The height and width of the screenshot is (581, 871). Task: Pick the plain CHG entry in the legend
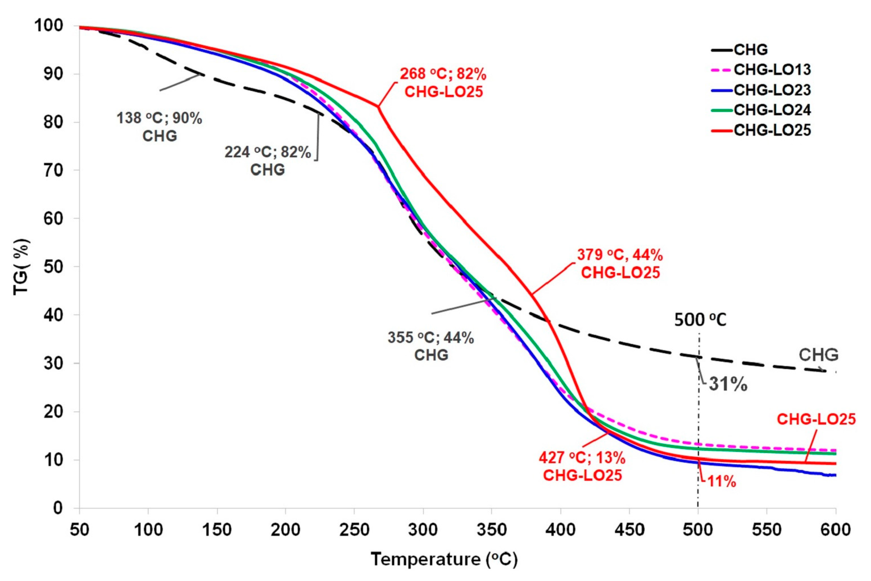click(x=751, y=50)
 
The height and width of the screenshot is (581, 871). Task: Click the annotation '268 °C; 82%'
click(x=443, y=74)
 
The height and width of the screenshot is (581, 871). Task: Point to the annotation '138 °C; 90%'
click(x=159, y=118)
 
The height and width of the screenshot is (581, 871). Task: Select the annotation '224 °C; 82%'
click(x=267, y=152)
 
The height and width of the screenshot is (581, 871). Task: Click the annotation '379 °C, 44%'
click(x=620, y=255)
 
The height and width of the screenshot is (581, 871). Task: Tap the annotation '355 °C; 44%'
click(x=431, y=338)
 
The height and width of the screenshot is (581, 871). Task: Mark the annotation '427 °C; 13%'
click(x=582, y=458)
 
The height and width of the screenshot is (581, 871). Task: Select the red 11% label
click(x=722, y=482)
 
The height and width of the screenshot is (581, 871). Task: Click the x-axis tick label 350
click(x=492, y=530)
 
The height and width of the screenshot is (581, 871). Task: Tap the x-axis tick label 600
click(x=835, y=530)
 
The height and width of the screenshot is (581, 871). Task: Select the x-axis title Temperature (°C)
click(x=444, y=559)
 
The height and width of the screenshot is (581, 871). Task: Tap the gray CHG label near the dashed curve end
click(x=818, y=355)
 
